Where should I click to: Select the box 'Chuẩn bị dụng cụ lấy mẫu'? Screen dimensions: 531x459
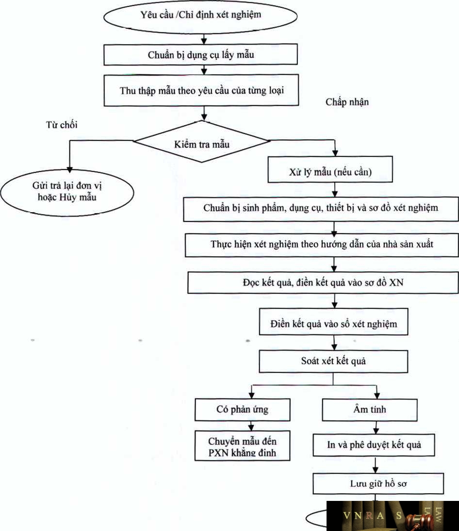pos(201,55)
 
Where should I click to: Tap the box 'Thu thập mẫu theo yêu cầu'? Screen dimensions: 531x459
pos(201,90)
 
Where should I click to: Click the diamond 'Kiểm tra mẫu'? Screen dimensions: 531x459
pos(201,142)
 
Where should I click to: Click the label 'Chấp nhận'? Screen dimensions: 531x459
pos(347,102)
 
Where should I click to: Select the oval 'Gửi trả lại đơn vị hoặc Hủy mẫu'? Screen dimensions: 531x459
pos(67,191)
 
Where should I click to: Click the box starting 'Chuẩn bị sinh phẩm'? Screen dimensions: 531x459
pos(320,209)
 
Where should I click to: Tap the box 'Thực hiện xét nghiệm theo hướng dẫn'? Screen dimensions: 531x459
pos(322,244)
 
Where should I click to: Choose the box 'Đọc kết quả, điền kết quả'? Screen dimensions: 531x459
pos(323,282)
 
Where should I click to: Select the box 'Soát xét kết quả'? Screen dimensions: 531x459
pos(333,361)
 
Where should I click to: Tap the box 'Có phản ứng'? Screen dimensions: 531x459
pos(242,409)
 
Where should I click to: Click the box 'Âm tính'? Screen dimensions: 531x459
pos(370,409)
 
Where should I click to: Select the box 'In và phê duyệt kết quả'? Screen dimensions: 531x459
pos(373,445)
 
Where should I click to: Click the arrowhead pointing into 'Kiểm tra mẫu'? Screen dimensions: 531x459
pos(204,117)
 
